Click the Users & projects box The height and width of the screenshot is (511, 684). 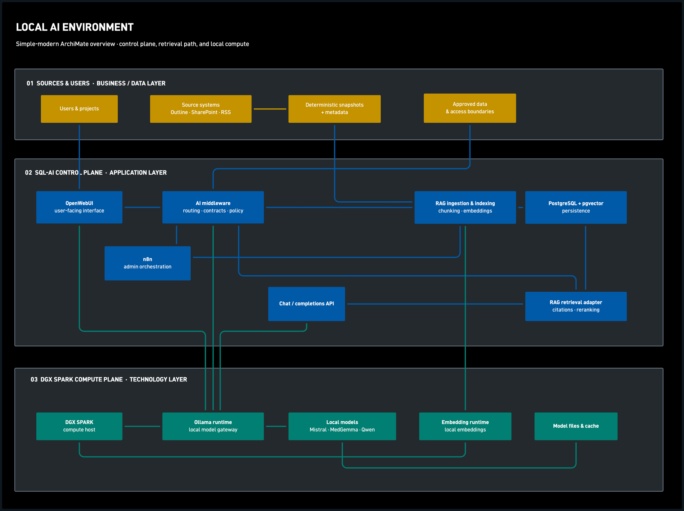[x=79, y=109]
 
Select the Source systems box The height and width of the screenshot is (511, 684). [x=201, y=109]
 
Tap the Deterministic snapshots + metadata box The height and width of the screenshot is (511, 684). [x=334, y=109]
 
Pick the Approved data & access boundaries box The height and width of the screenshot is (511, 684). [x=470, y=108]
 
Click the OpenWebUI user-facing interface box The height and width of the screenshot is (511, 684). [x=79, y=207]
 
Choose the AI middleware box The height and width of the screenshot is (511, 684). [x=213, y=207]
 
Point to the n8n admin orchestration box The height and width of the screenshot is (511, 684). [x=147, y=263]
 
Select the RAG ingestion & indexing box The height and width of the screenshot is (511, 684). [x=465, y=207]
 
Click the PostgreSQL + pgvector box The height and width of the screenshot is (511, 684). [x=576, y=207]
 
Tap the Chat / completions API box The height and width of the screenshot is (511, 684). [x=307, y=304]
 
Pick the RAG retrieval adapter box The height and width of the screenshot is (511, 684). [x=576, y=306]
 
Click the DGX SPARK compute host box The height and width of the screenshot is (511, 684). [x=79, y=426]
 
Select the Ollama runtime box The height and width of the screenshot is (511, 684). [x=213, y=426]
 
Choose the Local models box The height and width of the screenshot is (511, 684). [x=342, y=426]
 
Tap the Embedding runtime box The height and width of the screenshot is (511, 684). [x=465, y=426]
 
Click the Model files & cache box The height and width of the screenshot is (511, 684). [x=576, y=426]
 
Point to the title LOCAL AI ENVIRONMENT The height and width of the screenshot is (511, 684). [x=75, y=27]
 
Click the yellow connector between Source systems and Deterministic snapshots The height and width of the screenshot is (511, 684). [x=270, y=109]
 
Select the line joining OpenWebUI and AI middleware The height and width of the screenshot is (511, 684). [x=142, y=207]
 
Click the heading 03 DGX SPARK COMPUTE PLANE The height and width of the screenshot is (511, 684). [x=77, y=380]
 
